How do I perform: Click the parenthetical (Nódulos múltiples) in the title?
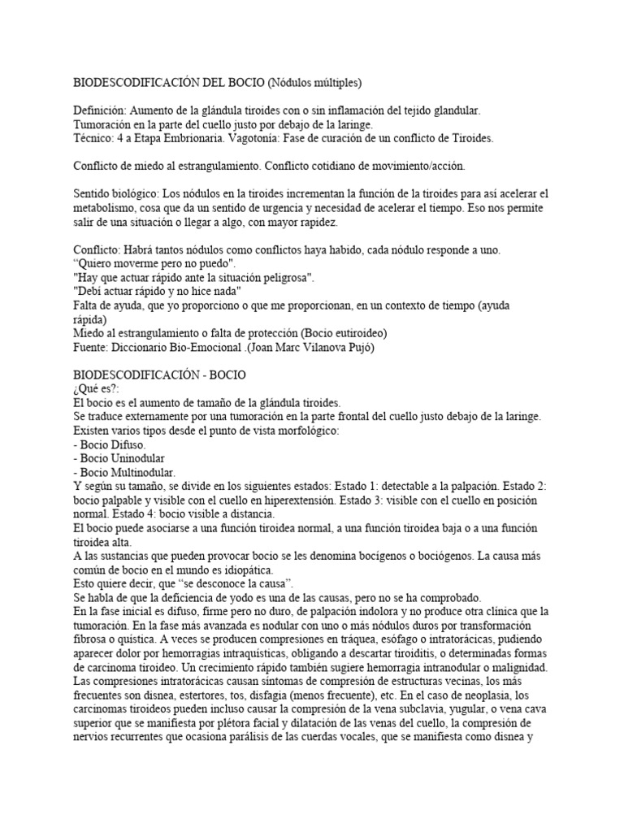click(x=314, y=82)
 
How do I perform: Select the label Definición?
click(x=100, y=110)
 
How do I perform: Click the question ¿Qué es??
click(x=96, y=389)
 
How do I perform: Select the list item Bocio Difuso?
click(x=110, y=445)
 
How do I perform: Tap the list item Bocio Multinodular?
click(x=123, y=473)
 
